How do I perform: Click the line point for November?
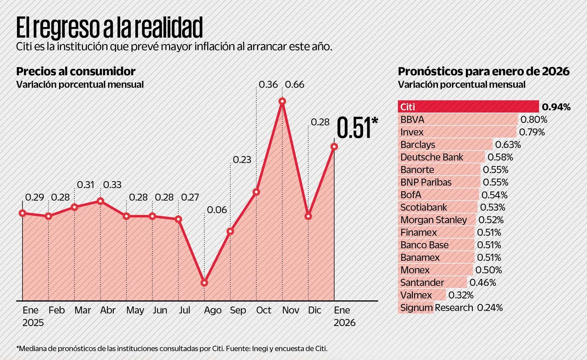[x=282, y=101]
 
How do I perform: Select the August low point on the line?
[x=205, y=282]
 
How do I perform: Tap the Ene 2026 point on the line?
[x=334, y=146]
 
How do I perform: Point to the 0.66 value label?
[x=295, y=84]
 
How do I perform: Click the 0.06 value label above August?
[x=217, y=210]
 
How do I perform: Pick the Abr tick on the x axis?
[x=108, y=310]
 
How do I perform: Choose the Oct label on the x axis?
[x=264, y=310]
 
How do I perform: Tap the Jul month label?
[x=184, y=310]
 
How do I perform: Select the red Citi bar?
[x=468, y=107]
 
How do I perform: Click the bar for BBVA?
[x=458, y=120]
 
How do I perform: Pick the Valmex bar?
[x=422, y=295]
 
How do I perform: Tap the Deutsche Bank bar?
[x=442, y=157]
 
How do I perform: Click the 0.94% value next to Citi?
[x=556, y=107]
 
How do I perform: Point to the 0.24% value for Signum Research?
[x=490, y=308]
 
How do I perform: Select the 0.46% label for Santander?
[x=482, y=282]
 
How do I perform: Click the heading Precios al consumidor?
[x=76, y=72]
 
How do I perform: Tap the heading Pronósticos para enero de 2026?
[x=484, y=72]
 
